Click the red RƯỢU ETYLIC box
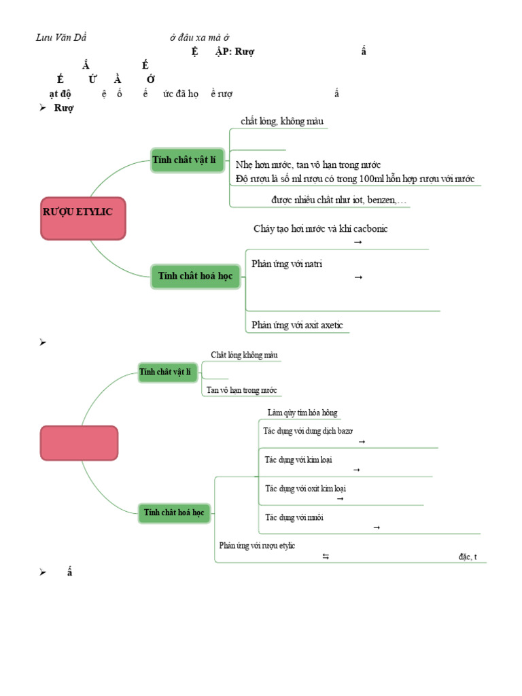[x=83, y=219]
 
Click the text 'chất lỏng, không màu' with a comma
[x=282, y=121]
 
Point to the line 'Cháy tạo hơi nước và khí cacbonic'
[x=320, y=228]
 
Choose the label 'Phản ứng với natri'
[x=286, y=264]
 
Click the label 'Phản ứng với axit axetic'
[x=297, y=325]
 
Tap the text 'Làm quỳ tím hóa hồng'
[x=302, y=413]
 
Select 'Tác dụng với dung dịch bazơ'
[x=308, y=431]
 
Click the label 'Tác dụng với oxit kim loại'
[x=300, y=488]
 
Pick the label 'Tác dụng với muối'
[x=294, y=517]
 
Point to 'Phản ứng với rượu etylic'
[x=257, y=545]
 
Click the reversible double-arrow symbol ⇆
[x=326, y=557]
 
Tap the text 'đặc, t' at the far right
[x=468, y=557]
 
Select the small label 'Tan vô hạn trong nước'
[x=242, y=390]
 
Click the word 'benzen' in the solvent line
[x=385, y=201]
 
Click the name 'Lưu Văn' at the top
[x=52, y=37]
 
